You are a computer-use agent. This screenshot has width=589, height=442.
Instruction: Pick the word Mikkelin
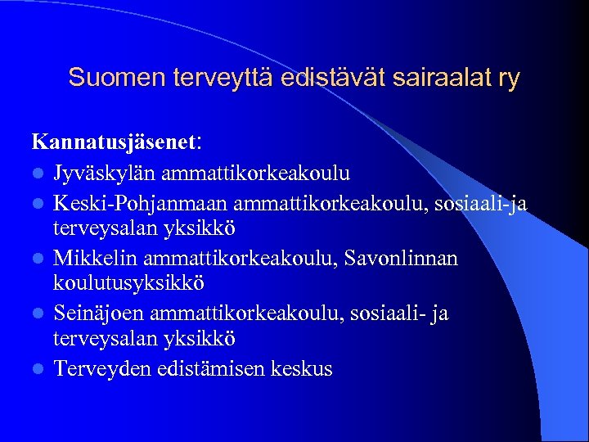(96, 259)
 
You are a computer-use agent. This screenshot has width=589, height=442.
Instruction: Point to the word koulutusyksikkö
(129, 283)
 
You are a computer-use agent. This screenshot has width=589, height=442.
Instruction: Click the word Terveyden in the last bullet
(102, 369)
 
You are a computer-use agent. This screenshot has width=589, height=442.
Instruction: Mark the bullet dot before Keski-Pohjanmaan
(38, 203)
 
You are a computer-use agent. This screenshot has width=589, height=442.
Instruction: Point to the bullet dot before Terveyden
(38, 370)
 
